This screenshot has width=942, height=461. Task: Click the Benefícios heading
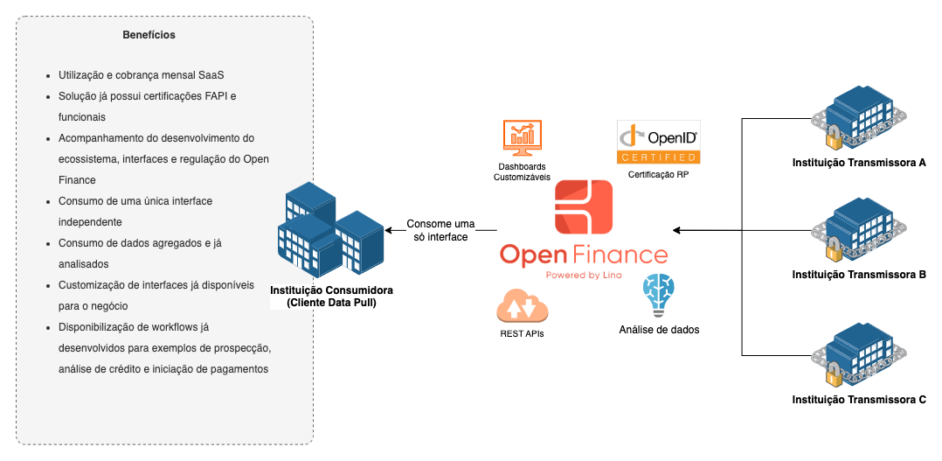coord(149,35)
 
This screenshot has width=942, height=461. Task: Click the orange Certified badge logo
coord(658,143)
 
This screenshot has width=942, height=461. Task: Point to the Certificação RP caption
coord(659,175)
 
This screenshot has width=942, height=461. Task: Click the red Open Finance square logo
coord(584,206)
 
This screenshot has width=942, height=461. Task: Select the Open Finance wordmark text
coord(584,255)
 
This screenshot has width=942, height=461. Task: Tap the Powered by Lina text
coord(584,275)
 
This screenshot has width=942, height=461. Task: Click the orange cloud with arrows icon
coord(521,305)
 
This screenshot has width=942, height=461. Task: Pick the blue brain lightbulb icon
coord(659,295)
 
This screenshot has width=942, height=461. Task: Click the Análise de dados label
coord(659,330)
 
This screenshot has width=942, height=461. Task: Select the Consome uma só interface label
coord(441,230)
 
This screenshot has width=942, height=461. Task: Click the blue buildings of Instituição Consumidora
coord(329,230)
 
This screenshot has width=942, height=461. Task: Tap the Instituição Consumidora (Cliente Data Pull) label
coord(331,297)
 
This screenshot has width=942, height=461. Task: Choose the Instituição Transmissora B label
coord(858,275)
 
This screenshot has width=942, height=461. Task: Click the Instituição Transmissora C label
coord(858,400)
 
